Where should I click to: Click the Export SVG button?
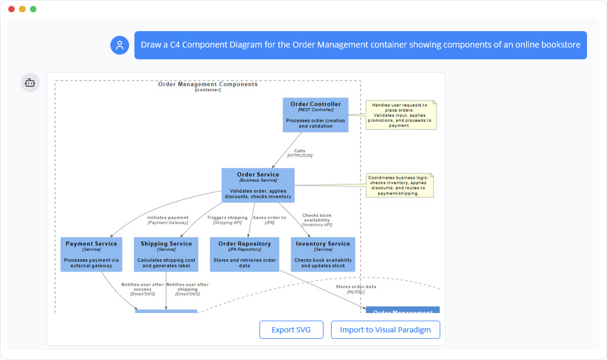pyautogui.click(x=291, y=329)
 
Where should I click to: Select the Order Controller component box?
pyautogui.click(x=315, y=115)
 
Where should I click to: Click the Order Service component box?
pyautogui.click(x=258, y=186)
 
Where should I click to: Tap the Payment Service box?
pyautogui.click(x=91, y=254)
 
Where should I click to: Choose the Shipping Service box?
pyautogui.click(x=166, y=254)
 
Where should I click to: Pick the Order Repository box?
pyautogui.click(x=244, y=254)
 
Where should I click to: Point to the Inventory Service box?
pyautogui.click(x=323, y=254)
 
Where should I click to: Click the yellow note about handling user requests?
pyautogui.click(x=401, y=115)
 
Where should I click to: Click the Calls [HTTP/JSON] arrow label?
pyautogui.click(x=299, y=153)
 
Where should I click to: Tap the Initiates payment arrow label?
pyautogui.click(x=168, y=220)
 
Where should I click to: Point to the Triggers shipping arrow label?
pyautogui.click(x=227, y=220)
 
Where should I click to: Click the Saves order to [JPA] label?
pyautogui.click(x=269, y=220)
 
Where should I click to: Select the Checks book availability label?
pyautogui.click(x=317, y=220)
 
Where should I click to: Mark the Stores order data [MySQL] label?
pyautogui.click(x=356, y=289)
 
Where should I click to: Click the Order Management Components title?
pyautogui.click(x=208, y=85)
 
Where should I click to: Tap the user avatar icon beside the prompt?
pyautogui.click(x=120, y=45)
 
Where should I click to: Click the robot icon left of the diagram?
pyautogui.click(x=31, y=83)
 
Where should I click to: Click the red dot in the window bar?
pyautogui.click(x=11, y=9)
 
